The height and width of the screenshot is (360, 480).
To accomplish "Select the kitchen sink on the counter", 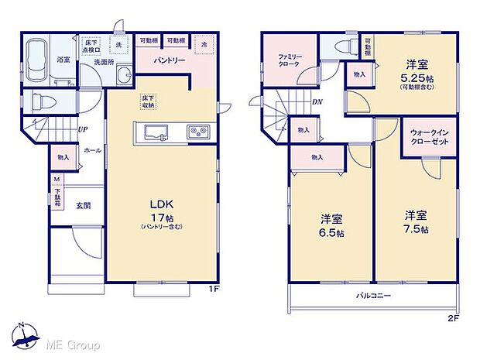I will (152, 131).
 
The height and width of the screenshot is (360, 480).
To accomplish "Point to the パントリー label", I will (168, 60).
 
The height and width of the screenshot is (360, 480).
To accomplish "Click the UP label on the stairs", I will (82, 131).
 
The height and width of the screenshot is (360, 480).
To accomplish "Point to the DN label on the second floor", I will (317, 101).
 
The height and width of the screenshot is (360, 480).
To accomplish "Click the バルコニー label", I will (374, 296).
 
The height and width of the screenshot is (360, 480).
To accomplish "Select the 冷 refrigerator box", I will (204, 44).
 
